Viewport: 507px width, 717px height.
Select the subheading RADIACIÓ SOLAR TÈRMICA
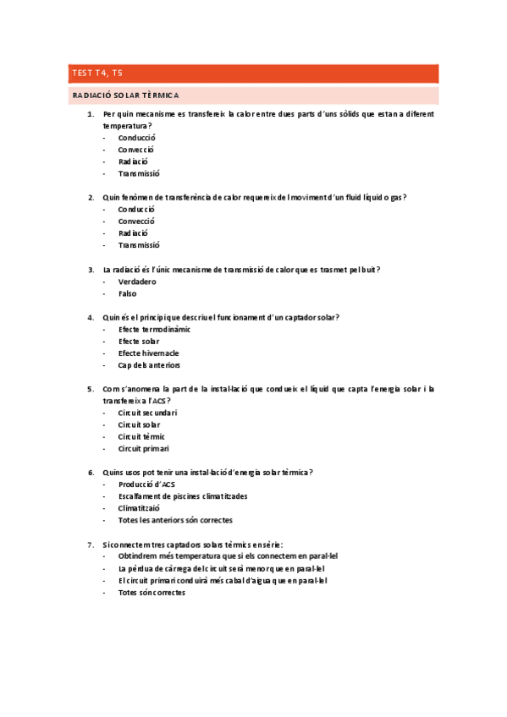(x=125, y=96)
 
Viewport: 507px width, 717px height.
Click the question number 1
(x=91, y=113)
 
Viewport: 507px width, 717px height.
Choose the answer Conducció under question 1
(x=137, y=137)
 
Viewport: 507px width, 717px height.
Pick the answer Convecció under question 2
(x=137, y=222)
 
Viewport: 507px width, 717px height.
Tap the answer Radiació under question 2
(x=134, y=233)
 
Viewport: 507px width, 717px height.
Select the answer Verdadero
(x=138, y=282)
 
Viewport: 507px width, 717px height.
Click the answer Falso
(x=127, y=293)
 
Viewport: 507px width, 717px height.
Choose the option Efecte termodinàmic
(x=155, y=329)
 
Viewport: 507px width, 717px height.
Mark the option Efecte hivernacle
(x=149, y=353)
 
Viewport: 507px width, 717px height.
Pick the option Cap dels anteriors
(x=149, y=365)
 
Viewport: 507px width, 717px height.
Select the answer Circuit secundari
(x=148, y=413)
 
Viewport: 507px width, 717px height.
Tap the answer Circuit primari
(x=144, y=449)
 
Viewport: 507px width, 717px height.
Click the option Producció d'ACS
(x=147, y=484)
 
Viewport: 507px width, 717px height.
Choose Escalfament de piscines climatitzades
(x=184, y=496)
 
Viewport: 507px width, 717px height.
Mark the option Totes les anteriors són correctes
(x=175, y=520)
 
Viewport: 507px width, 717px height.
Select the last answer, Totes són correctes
(x=152, y=593)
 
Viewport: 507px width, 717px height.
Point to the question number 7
(x=91, y=545)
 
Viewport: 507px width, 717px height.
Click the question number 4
(x=91, y=317)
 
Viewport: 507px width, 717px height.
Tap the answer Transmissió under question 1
(x=139, y=173)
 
